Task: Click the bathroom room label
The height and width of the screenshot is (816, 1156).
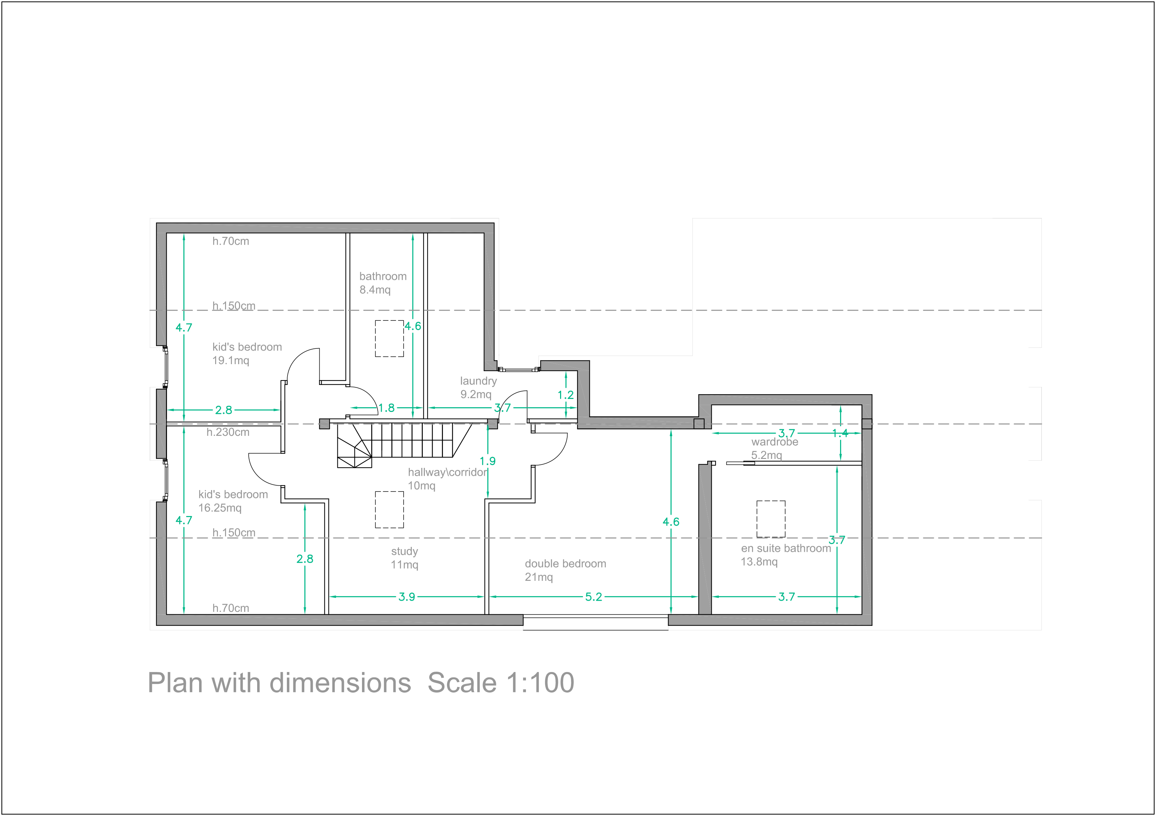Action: (382, 283)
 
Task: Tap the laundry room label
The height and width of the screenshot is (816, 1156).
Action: (478, 387)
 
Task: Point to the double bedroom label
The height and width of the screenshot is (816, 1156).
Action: (566, 570)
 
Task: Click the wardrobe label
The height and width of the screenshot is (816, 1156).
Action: (774, 448)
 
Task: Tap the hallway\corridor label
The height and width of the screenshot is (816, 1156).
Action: (447, 479)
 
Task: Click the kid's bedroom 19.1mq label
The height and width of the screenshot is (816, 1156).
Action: (247, 353)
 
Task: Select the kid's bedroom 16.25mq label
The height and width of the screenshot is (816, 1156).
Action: (233, 501)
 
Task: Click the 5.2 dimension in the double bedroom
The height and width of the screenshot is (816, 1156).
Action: (594, 597)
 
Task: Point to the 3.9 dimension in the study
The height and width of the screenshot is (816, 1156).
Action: (407, 597)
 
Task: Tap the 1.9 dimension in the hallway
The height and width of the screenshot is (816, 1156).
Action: (487, 461)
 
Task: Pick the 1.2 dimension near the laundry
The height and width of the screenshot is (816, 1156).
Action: (566, 395)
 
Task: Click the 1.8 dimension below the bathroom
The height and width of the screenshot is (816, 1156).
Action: (386, 408)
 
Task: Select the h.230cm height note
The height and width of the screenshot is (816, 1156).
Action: (227, 432)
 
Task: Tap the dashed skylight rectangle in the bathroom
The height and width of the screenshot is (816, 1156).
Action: (389, 339)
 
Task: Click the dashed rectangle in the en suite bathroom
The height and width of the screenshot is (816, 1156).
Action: (771, 519)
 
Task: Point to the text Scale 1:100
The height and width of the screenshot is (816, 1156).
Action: (501, 683)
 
